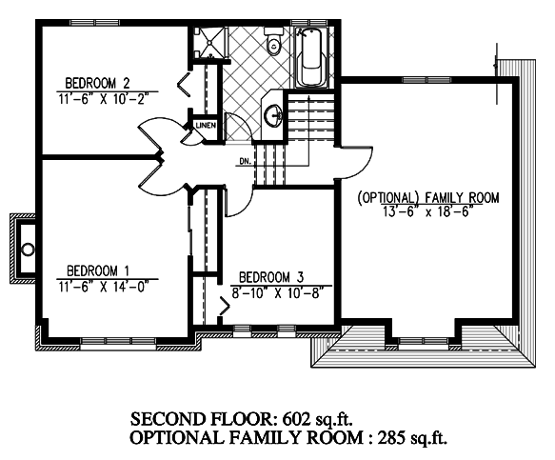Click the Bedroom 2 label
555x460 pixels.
coord(98,83)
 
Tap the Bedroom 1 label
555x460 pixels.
coord(98,270)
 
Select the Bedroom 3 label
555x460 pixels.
coord(271,277)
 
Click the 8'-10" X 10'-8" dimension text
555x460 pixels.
coord(278,292)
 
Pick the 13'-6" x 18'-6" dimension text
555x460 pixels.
coord(428,211)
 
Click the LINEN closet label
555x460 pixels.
coord(206,126)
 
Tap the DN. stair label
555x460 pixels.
coord(246,161)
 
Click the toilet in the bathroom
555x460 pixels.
coord(274,42)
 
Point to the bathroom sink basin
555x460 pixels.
coord(273,115)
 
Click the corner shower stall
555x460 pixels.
coord(209,43)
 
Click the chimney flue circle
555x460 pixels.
coord(29,250)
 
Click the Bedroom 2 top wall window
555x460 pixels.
coord(94,23)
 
